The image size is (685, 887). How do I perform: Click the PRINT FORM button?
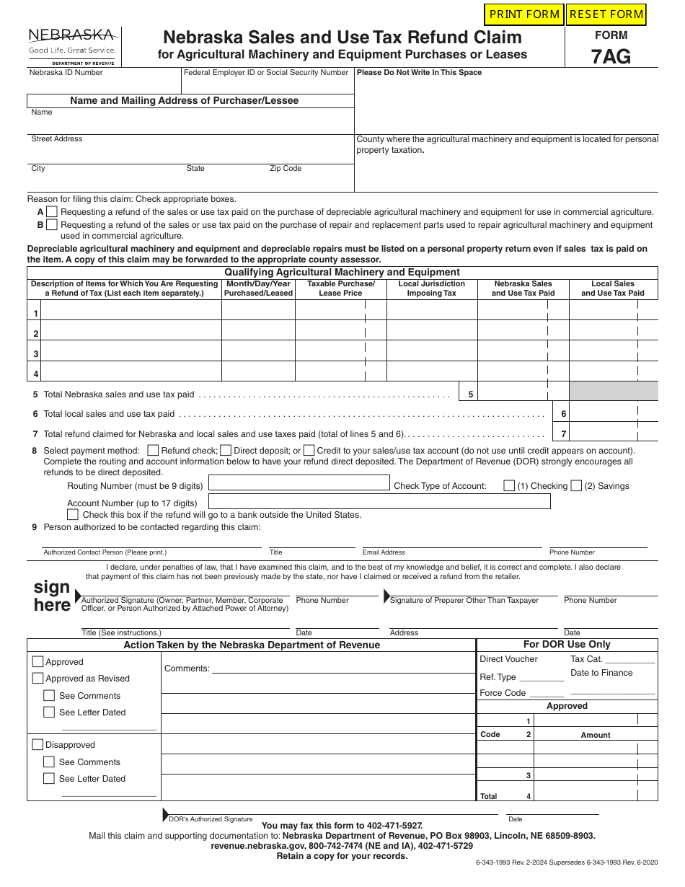[x=524, y=14]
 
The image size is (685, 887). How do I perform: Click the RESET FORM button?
[x=606, y=14]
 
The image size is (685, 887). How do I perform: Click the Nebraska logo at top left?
[x=71, y=45]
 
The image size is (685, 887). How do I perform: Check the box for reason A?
[x=52, y=212]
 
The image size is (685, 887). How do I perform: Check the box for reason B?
[x=52, y=225]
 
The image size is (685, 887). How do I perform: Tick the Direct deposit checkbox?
[x=226, y=450]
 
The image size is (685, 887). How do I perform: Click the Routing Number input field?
[x=299, y=483]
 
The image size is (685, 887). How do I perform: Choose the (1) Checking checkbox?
[x=509, y=486]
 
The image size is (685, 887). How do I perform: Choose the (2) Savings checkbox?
[x=576, y=486]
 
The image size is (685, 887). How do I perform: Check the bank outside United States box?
[x=73, y=515]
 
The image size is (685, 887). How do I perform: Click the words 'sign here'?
[x=52, y=596]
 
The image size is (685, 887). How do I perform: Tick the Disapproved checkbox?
[x=37, y=744]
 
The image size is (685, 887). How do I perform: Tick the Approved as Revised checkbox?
[x=37, y=678]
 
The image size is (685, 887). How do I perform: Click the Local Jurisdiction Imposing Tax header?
[x=431, y=288]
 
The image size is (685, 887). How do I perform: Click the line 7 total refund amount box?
[x=614, y=433]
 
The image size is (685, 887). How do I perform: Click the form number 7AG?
[x=611, y=56]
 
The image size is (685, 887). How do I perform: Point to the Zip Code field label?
[x=286, y=169]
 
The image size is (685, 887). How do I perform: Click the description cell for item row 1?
[x=131, y=311]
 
